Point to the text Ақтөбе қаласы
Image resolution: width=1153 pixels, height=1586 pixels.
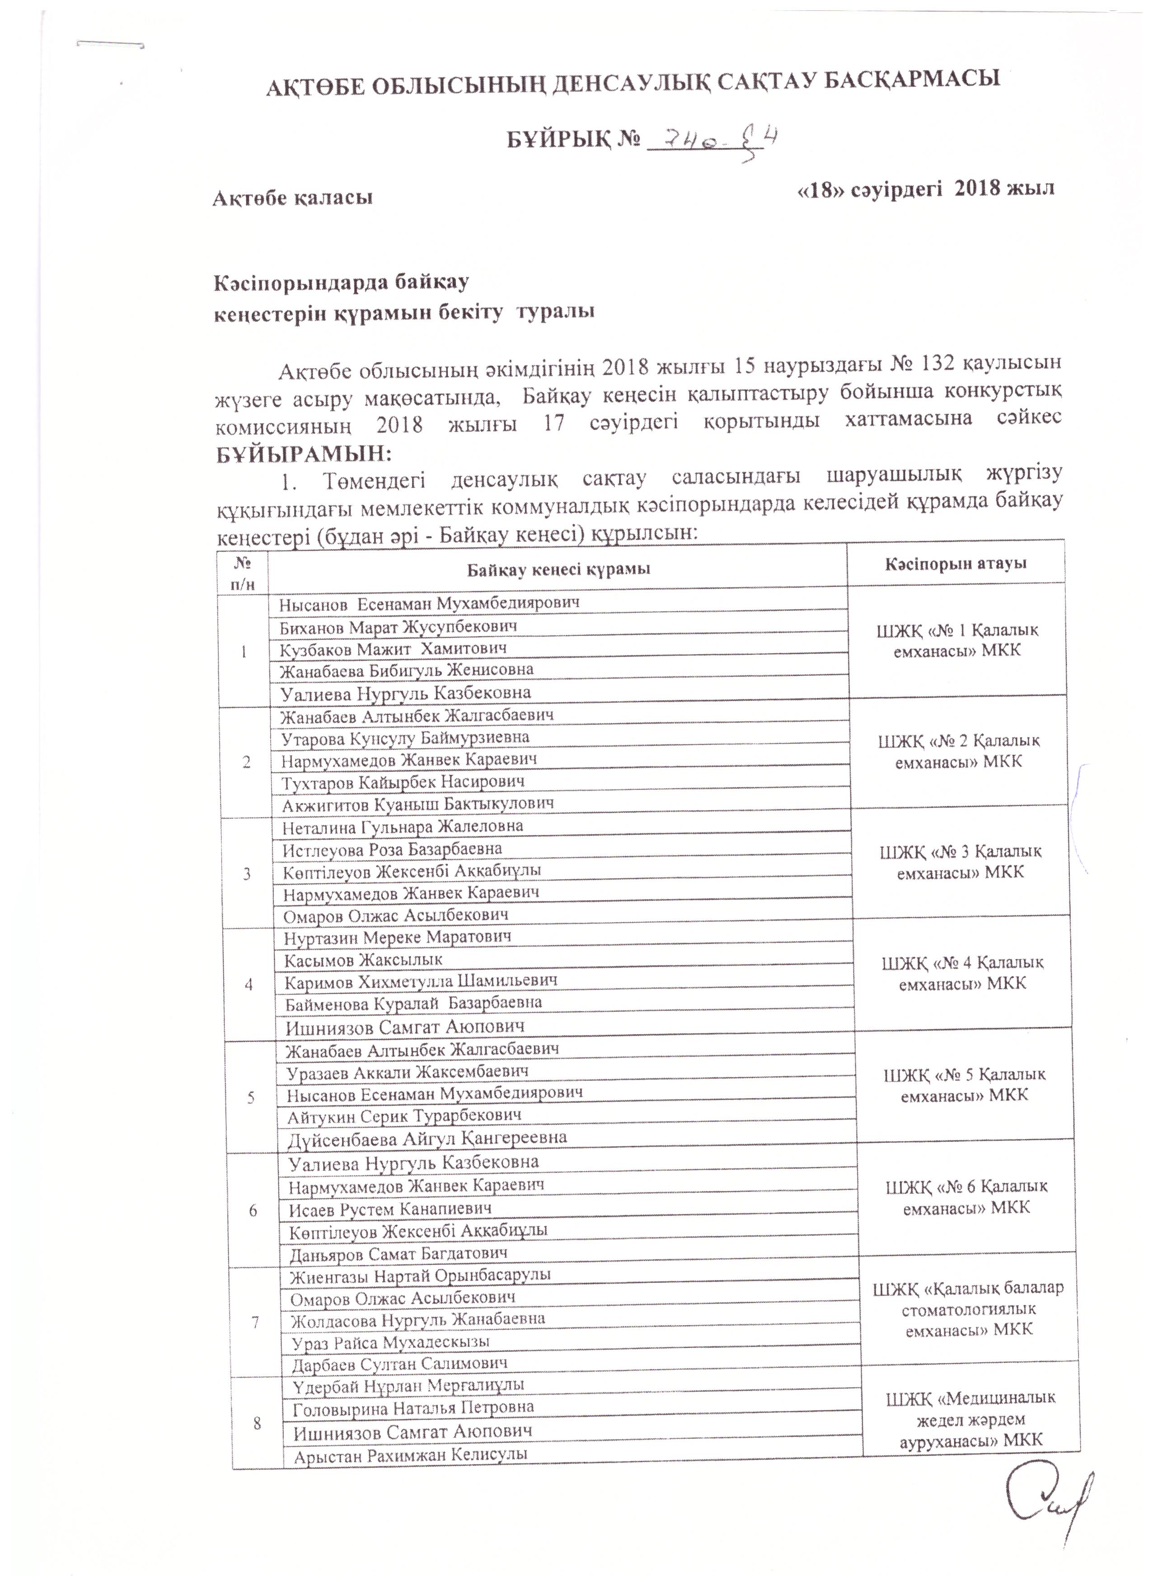coord(292,198)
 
